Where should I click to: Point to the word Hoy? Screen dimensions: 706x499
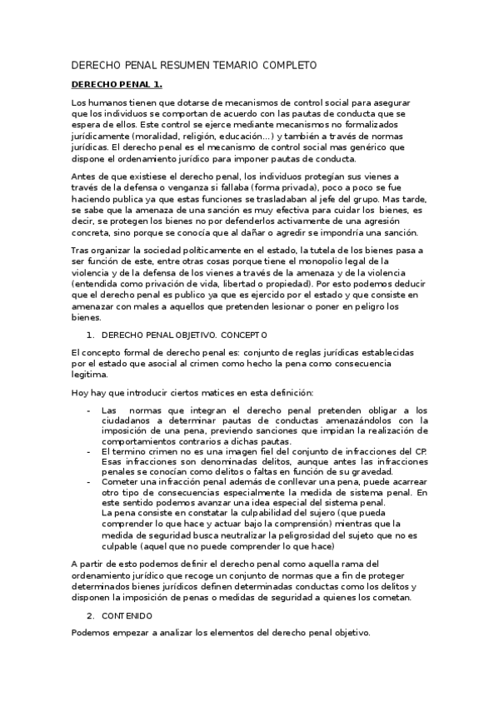81,393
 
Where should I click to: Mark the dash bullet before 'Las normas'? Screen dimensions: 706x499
89,410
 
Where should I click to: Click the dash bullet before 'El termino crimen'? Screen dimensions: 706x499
89,451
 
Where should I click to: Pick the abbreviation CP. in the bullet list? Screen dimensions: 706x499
421,451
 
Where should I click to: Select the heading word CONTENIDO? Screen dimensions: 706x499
127,615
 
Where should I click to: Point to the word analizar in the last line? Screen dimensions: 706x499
182,633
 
